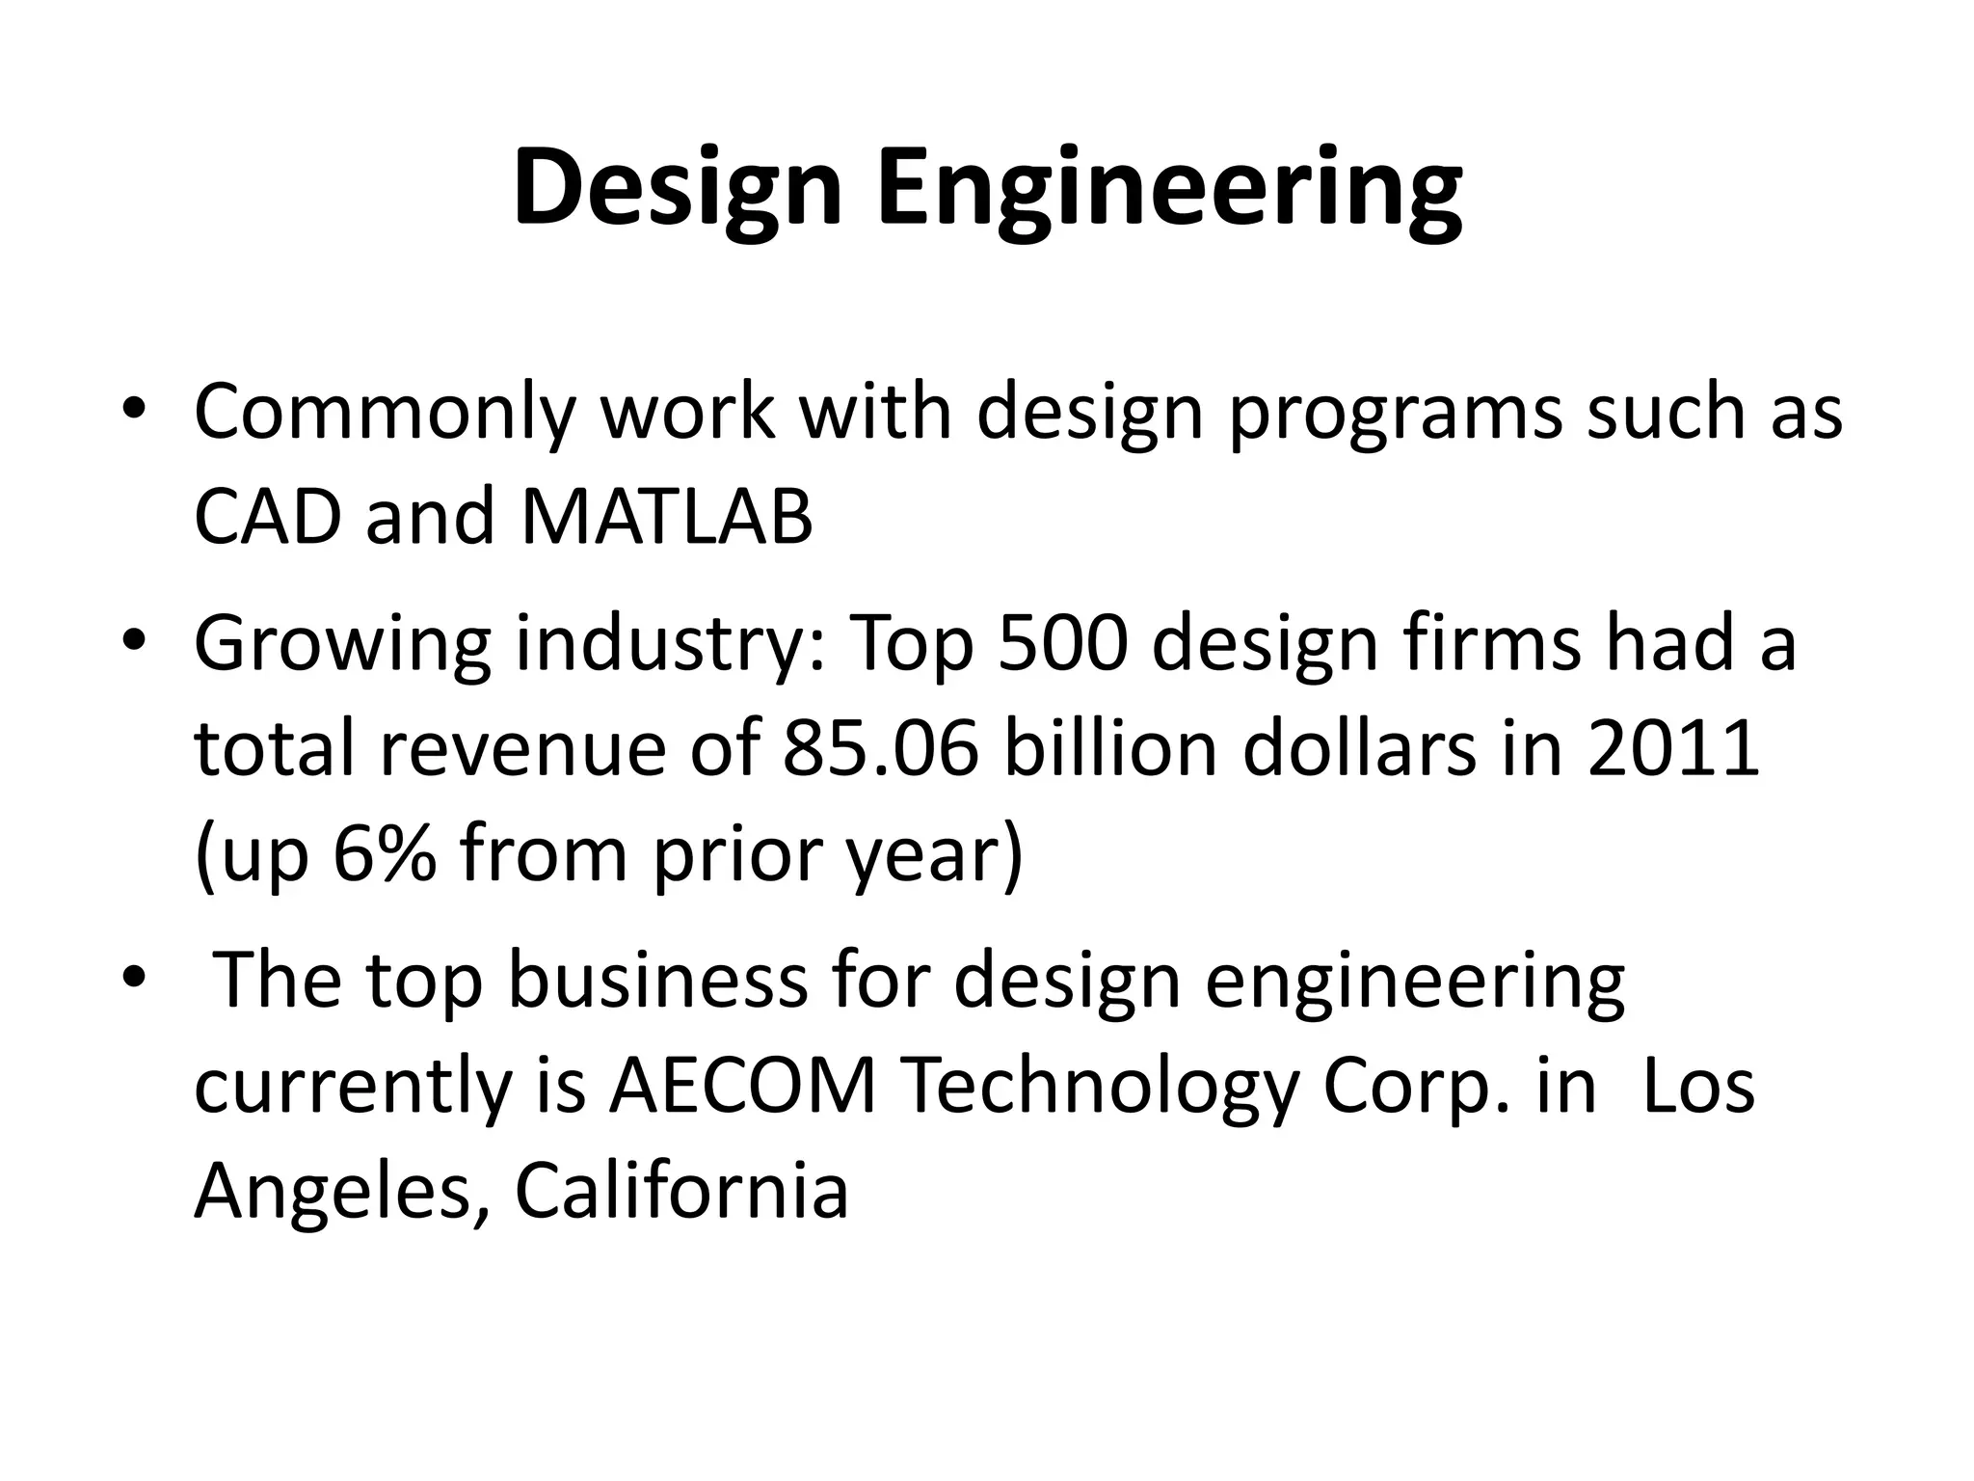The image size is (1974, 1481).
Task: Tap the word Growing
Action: (x=342, y=644)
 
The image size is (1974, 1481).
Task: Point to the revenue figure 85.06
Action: (x=880, y=749)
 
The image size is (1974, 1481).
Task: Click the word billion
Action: (x=1110, y=749)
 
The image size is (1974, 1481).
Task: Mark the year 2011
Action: (x=1673, y=749)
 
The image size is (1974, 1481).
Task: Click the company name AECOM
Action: (x=742, y=1088)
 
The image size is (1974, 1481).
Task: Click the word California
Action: (x=681, y=1193)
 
